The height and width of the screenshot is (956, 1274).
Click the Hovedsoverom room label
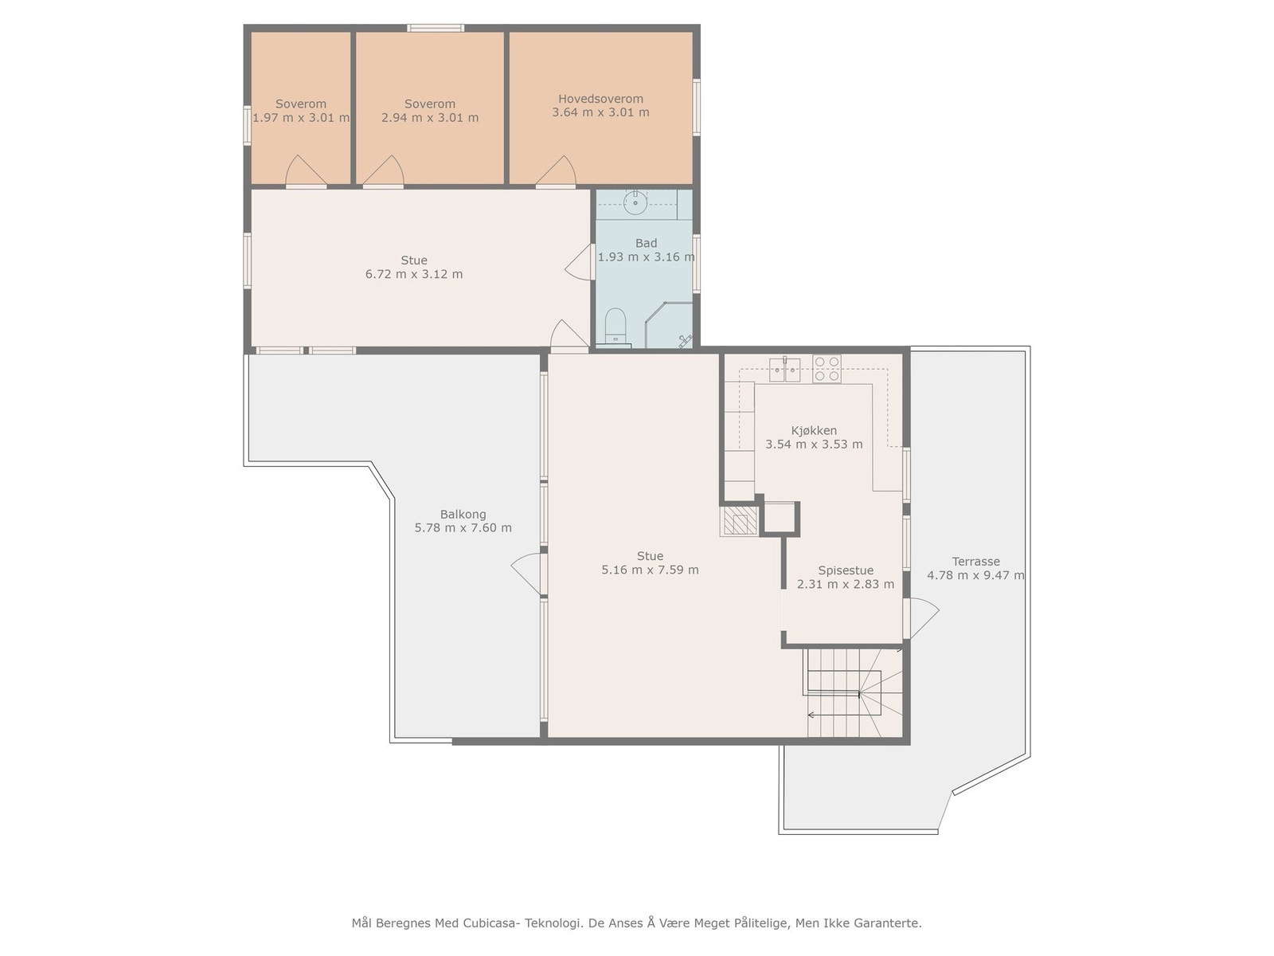click(x=600, y=99)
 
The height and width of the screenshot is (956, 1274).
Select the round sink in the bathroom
click(x=635, y=202)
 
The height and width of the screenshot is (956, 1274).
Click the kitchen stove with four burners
click(x=827, y=369)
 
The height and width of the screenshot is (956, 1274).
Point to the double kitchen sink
click(x=785, y=369)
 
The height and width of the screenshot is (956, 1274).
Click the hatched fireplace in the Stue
click(x=739, y=521)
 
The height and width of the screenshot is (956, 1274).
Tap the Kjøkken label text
click(x=814, y=431)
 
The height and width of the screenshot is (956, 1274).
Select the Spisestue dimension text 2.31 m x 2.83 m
click(x=845, y=585)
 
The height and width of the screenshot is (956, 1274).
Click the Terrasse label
click(x=975, y=562)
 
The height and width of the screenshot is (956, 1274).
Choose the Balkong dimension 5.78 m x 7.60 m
click(x=463, y=527)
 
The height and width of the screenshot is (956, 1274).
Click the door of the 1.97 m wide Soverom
click(x=306, y=172)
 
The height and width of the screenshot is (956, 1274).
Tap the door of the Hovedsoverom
click(x=556, y=172)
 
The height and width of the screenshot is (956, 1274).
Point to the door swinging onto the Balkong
click(x=529, y=574)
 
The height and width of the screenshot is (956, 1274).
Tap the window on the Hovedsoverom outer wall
click(x=697, y=107)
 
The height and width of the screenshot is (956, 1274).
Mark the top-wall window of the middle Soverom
click(x=436, y=28)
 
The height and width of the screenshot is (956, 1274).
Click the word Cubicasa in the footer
click(x=490, y=923)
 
